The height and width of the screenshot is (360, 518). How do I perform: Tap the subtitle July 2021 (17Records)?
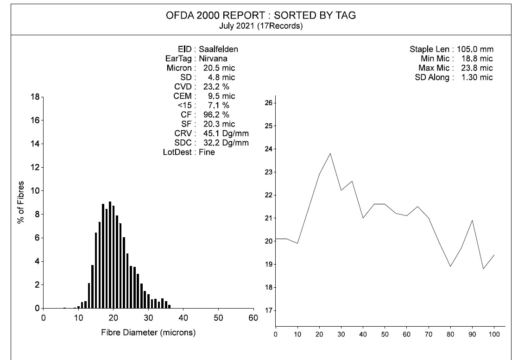261,26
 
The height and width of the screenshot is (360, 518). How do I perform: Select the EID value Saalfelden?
219,49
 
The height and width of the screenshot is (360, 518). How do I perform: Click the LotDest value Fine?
207,152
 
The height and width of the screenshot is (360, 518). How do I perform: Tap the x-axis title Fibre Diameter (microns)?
148,333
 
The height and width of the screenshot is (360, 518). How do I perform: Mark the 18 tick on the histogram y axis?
35,97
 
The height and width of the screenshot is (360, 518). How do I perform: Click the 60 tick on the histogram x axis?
253,318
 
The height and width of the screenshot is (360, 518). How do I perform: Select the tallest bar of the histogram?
110,255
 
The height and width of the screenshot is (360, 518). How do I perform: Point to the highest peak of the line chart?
330,153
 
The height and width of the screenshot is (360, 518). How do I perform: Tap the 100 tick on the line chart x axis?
494,335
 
